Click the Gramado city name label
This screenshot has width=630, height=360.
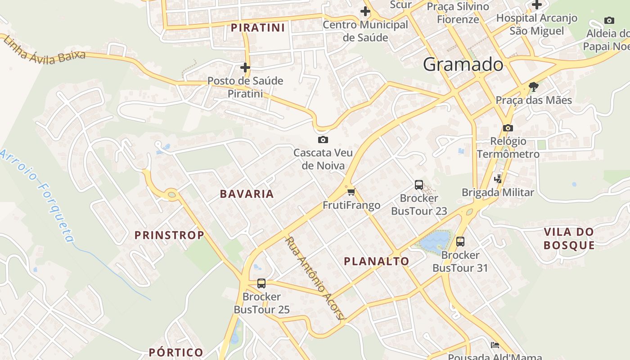463,65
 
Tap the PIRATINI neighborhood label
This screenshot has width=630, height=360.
258,28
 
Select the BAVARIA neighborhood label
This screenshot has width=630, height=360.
247,194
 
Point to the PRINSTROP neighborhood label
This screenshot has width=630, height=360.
169,235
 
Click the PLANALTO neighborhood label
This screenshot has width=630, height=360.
377,261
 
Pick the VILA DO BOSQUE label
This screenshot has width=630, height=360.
569,238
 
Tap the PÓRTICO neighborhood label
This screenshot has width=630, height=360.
176,352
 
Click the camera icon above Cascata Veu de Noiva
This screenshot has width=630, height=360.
323,139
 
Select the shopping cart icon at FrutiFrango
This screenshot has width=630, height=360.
351,192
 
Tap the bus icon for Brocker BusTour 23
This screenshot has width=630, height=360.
418,184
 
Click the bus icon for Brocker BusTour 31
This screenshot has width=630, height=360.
460,242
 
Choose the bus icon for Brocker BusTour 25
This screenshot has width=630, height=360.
261,283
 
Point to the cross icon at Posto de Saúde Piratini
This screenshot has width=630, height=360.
245,67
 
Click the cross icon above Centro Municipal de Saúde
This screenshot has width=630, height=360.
365,11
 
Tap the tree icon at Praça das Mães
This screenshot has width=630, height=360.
534,86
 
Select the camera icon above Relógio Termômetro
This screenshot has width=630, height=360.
508,128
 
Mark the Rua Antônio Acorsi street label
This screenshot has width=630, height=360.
315,279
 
